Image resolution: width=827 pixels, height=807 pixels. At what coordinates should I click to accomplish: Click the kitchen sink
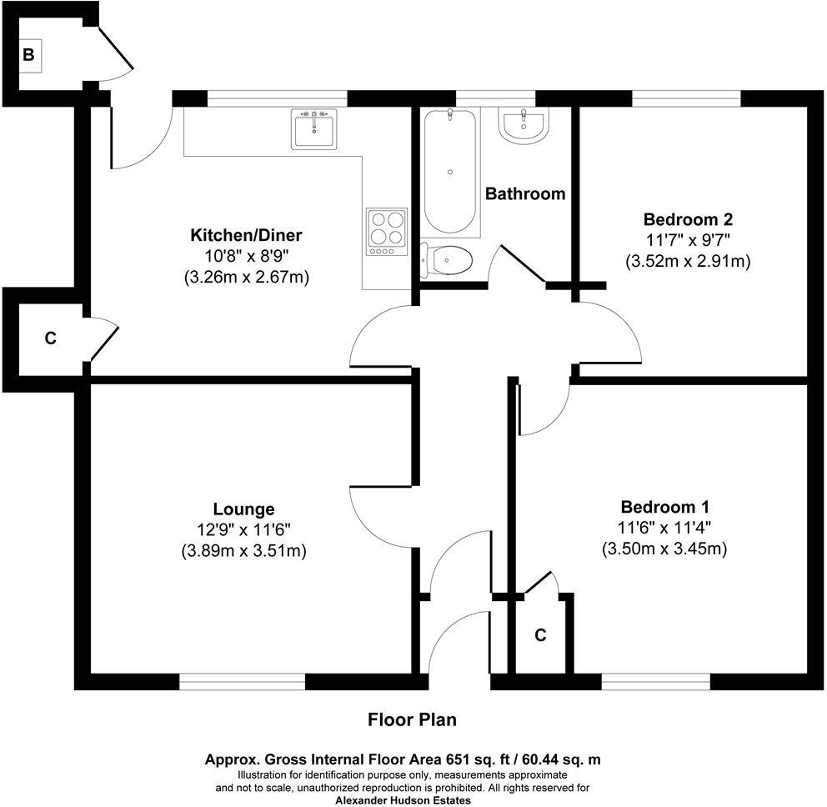point(313,129)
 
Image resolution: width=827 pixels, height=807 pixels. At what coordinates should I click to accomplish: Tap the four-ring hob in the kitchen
point(386,232)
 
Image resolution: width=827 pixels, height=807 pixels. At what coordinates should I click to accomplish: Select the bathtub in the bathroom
point(450,172)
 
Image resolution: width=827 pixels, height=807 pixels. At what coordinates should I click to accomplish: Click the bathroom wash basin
point(524,126)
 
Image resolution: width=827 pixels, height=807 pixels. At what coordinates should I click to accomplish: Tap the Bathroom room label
point(525,194)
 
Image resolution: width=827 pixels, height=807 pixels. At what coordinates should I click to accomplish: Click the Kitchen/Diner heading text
point(246,234)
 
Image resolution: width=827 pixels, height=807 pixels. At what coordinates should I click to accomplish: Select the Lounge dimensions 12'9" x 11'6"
point(243,529)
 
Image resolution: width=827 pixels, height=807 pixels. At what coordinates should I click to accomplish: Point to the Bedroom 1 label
point(664,507)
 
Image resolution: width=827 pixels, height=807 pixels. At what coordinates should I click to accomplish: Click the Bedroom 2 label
point(688,220)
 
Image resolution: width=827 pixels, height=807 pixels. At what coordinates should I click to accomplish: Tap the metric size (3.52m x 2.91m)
point(688,262)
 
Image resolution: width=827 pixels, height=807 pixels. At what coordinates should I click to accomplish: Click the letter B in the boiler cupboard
point(28,56)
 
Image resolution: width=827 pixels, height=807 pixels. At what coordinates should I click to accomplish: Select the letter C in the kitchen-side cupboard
point(50,338)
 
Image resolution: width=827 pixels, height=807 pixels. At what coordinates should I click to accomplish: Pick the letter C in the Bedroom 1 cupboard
point(540,636)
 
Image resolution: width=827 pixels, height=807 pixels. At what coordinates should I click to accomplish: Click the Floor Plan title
point(413,719)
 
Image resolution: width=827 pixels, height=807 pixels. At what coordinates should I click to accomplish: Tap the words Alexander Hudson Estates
point(403,800)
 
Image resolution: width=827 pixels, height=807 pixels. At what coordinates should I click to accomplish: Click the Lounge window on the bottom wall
point(243,682)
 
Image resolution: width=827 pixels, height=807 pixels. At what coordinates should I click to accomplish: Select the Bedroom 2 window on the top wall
point(686,98)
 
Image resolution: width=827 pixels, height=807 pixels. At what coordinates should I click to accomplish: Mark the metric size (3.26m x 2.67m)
point(246,277)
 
